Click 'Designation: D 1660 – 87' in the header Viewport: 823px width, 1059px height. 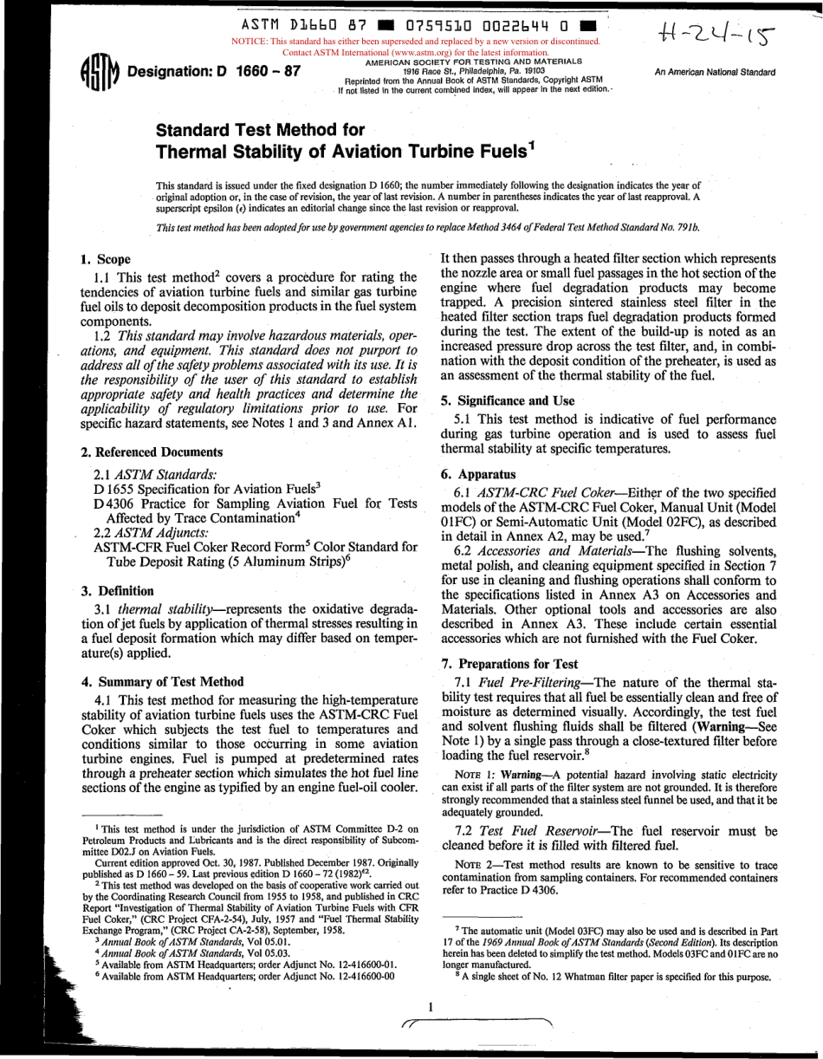point(213,71)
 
